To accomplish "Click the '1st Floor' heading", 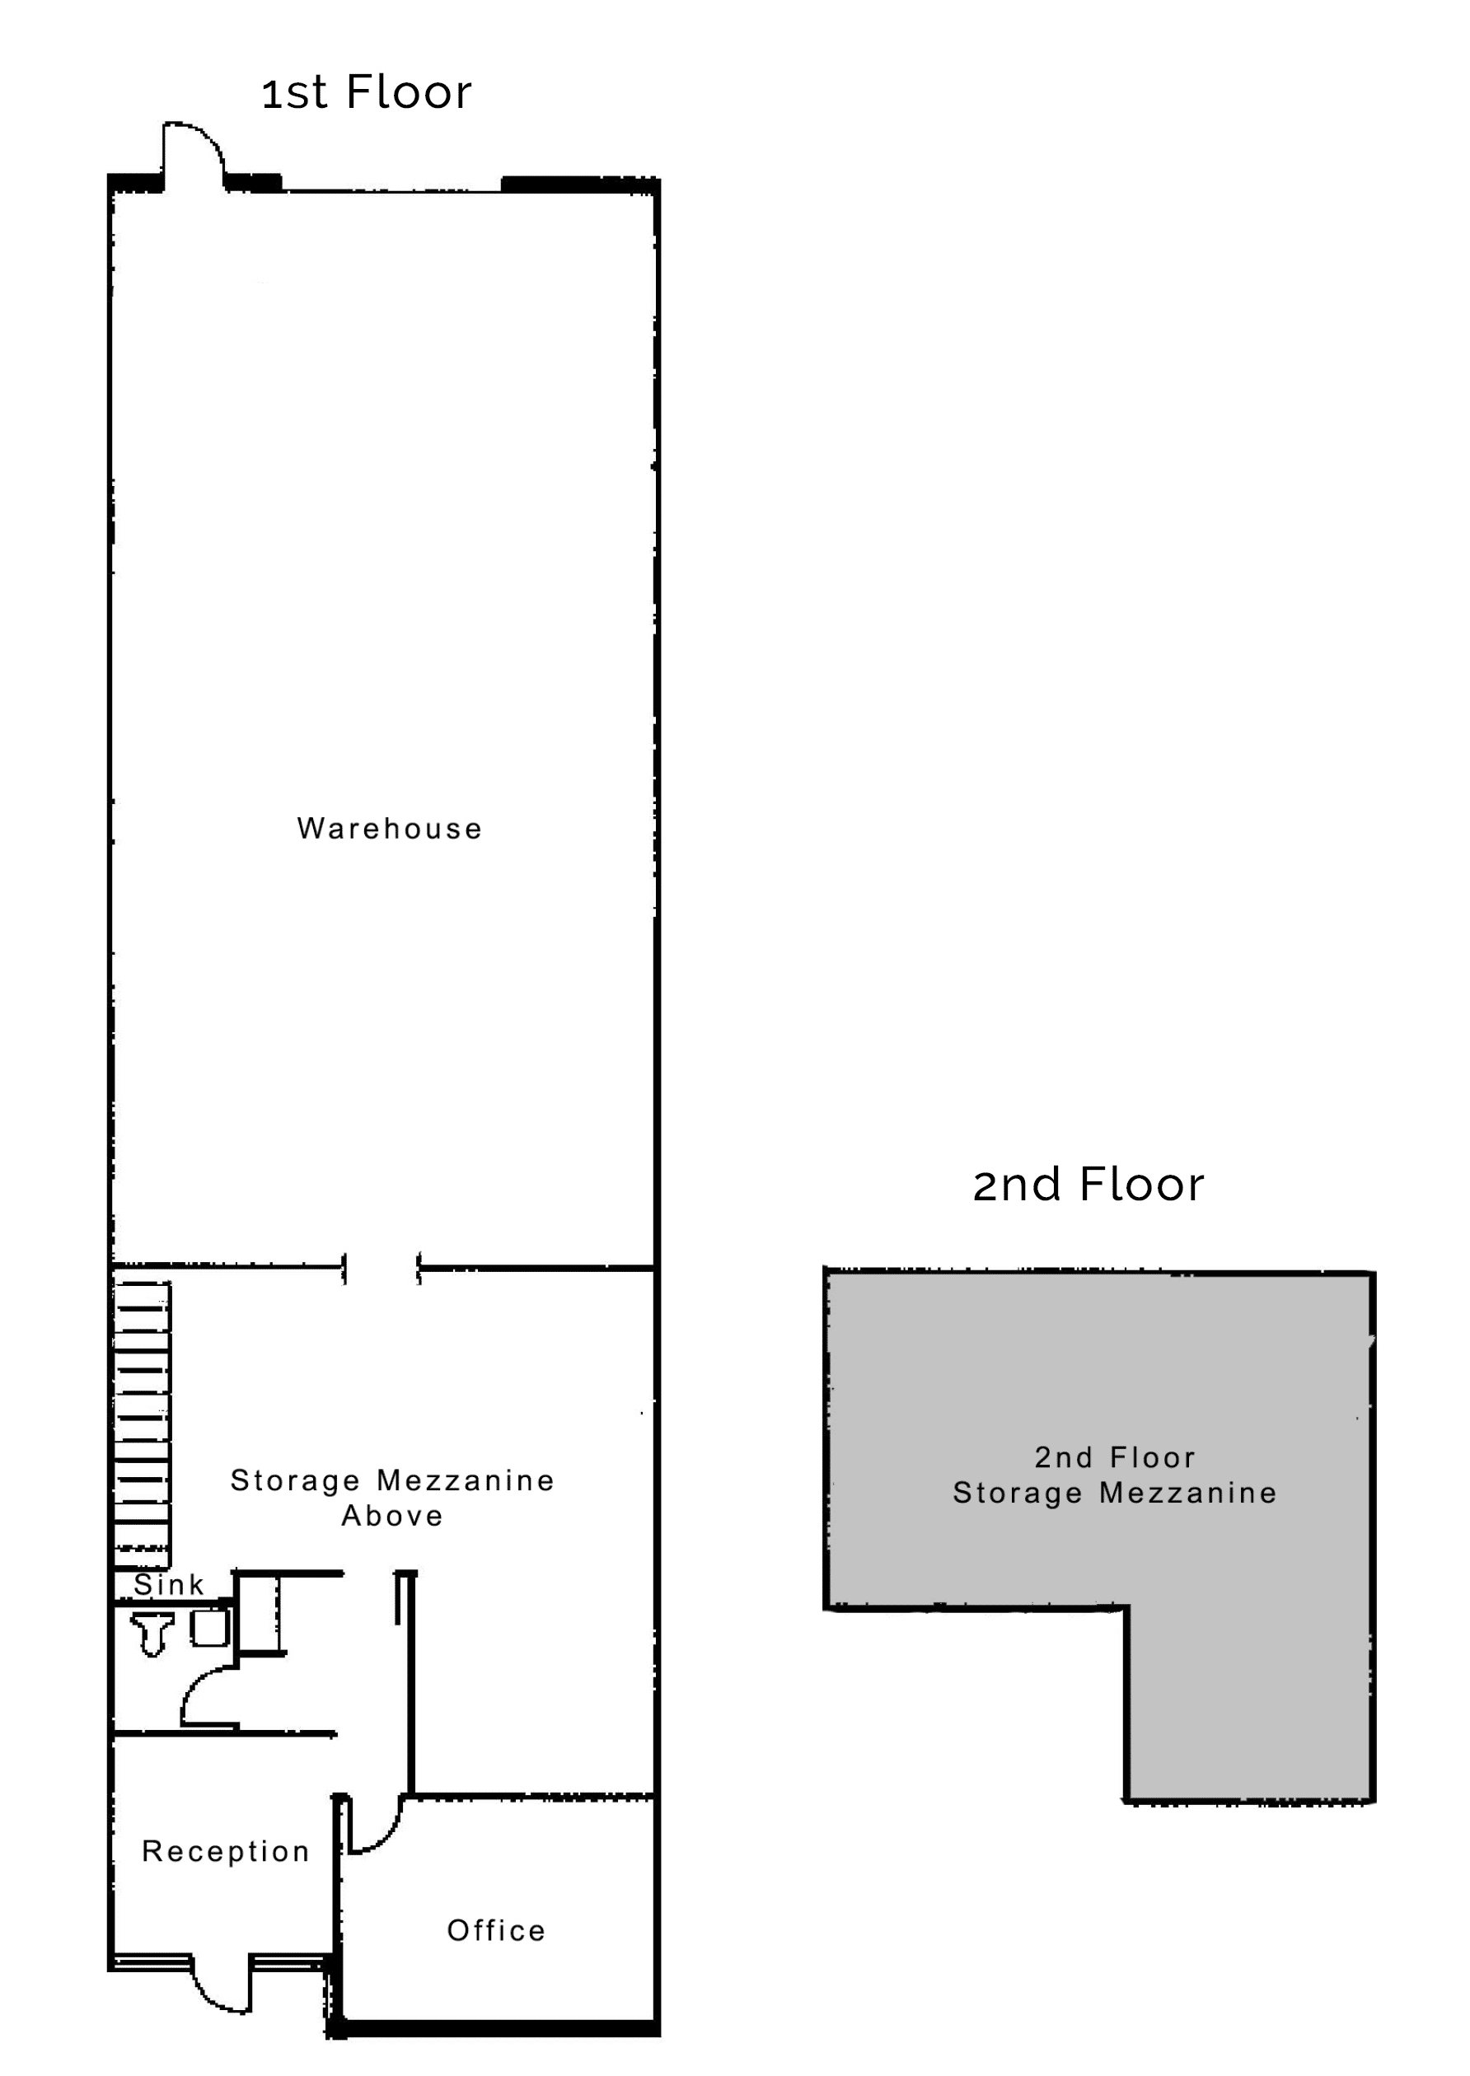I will [367, 92].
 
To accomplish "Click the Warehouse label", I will [389, 828].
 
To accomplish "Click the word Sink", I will [168, 1585].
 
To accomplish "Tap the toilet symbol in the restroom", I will [152, 1633].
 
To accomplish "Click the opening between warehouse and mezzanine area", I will [381, 1269].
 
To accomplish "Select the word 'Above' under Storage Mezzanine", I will [392, 1516].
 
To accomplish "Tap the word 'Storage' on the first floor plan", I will [295, 1480].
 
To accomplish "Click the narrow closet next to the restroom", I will [258, 1615].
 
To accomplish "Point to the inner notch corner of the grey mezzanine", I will [1127, 1608].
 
